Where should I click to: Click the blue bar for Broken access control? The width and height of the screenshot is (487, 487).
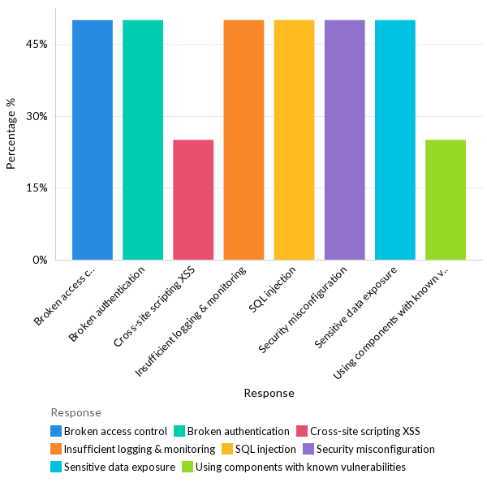click(x=93, y=140)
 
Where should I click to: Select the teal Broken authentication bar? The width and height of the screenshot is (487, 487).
click(x=143, y=140)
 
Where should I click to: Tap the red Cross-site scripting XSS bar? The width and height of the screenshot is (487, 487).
click(x=193, y=200)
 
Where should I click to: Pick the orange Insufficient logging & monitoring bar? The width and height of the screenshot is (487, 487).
click(x=243, y=140)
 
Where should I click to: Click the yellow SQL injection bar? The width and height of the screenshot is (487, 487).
click(x=294, y=140)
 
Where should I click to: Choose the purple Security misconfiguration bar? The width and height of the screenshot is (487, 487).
click(x=344, y=140)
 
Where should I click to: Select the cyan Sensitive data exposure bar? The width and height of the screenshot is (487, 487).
click(x=394, y=140)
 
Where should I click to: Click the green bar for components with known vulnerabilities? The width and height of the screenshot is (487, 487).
click(x=445, y=200)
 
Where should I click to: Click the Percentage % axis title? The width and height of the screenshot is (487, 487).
click(x=11, y=134)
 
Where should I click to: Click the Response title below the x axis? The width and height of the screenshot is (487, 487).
click(x=269, y=393)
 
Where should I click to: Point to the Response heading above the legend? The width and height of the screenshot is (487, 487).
click(x=75, y=412)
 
